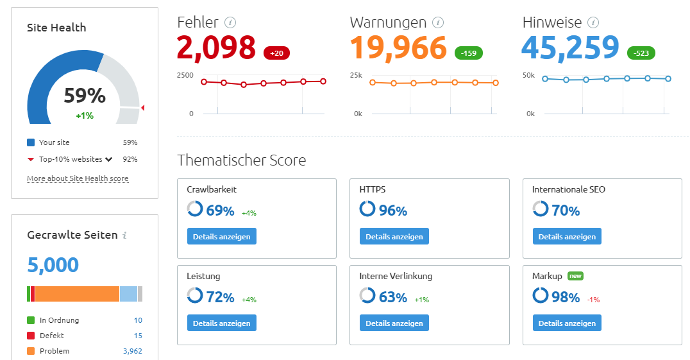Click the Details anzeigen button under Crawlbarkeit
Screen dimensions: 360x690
pos(222,236)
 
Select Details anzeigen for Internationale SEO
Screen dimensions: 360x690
pos(567,236)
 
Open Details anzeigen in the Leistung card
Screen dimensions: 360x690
pos(222,323)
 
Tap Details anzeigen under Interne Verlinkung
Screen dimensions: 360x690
pos(394,323)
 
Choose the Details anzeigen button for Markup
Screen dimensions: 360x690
pos(567,323)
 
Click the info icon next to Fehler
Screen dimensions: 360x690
pos(231,23)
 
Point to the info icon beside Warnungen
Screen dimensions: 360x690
pos(439,23)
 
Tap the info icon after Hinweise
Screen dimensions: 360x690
pos(594,23)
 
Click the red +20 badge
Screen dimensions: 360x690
pos(276,53)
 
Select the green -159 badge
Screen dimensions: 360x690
pos(469,53)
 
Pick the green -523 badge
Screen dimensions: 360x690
pos(641,53)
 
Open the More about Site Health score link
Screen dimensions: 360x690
pos(78,178)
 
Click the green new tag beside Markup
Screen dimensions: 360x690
pos(575,276)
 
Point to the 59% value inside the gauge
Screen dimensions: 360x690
pos(85,96)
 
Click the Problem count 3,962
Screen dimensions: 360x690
pos(132,351)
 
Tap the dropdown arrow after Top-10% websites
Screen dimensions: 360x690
pos(109,159)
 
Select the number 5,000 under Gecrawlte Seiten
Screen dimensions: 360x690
pos(53,264)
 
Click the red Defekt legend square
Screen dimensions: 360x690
pos(31,336)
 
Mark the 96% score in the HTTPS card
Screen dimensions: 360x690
pos(392,210)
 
